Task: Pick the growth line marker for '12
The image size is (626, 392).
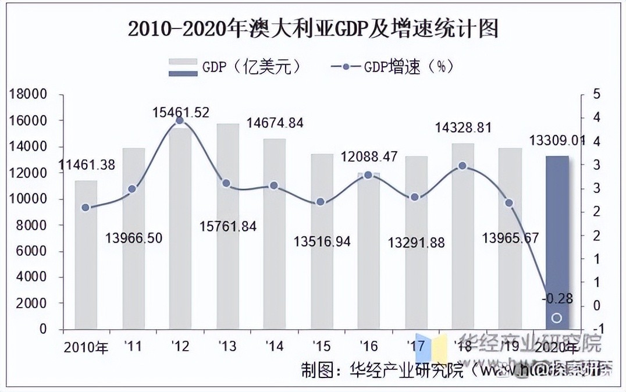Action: (x=180, y=120)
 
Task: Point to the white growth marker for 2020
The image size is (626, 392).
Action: (x=556, y=318)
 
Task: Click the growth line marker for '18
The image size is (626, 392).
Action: (x=463, y=166)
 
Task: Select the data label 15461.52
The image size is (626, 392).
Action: (x=180, y=112)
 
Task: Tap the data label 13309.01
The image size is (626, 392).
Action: (x=557, y=140)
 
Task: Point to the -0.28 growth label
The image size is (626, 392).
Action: (x=557, y=300)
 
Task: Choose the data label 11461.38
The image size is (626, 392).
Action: (x=87, y=165)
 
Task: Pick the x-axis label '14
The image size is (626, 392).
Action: (x=274, y=347)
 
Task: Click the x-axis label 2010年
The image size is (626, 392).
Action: (x=86, y=348)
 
